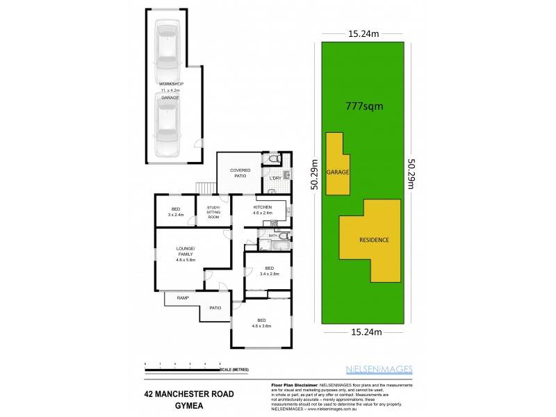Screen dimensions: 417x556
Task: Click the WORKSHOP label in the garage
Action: [168, 83]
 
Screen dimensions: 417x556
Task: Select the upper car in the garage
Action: [167, 47]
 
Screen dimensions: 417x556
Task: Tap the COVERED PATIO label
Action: [240, 172]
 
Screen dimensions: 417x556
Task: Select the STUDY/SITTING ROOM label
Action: [213, 213]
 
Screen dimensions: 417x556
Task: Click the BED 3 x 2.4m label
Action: [175, 213]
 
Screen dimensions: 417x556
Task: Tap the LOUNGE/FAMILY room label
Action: [186, 254]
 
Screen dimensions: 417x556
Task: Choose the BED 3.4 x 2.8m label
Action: [269, 270]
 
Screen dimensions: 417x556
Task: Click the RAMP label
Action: [183, 297]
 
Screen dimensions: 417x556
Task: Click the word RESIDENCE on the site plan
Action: [373, 240]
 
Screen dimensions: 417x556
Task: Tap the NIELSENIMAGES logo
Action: [379, 369]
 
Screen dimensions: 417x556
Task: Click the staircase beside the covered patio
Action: [204, 188]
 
